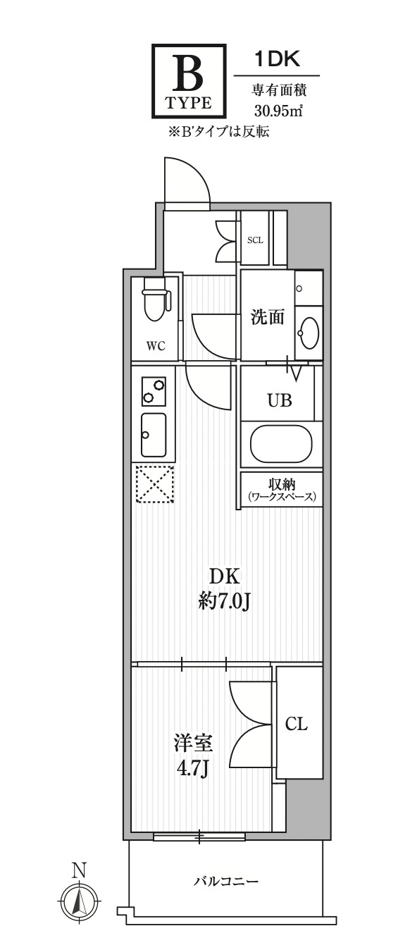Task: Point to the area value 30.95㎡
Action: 278,110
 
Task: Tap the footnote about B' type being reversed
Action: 218,130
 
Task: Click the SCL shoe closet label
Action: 255,240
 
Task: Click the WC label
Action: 156,345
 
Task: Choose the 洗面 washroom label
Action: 268,317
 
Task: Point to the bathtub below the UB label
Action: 281,445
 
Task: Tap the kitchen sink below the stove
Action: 154,435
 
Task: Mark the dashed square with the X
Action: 154,485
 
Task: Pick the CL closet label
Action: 297,724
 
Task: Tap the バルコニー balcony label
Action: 226,881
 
